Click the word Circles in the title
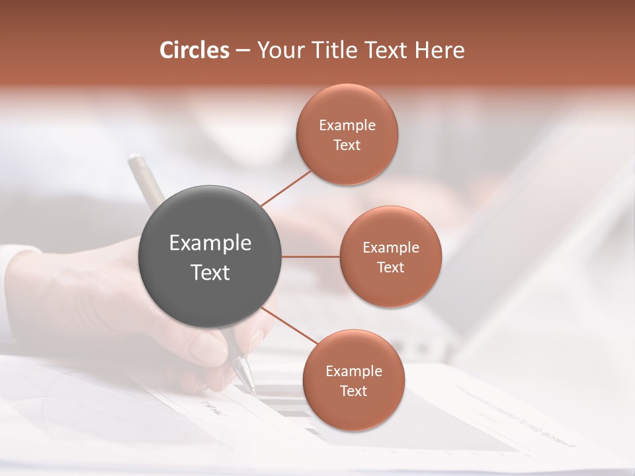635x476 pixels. (194, 50)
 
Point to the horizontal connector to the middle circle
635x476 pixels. (311, 257)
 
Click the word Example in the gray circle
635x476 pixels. (210, 243)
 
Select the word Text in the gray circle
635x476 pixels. (210, 272)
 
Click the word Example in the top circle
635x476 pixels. (347, 126)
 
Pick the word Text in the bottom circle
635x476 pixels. (353, 391)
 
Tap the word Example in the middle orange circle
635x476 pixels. (390, 248)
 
